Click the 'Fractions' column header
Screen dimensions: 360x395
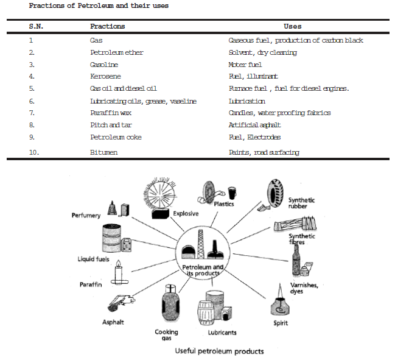pyautogui.click(x=107, y=27)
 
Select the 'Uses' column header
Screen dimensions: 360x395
pyautogui.click(x=292, y=27)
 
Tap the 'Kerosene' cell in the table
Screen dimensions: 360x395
pyautogui.click(x=105, y=76)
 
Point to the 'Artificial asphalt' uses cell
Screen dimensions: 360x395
pyautogui.click(x=255, y=125)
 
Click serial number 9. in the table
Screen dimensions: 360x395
pyautogui.click(x=32, y=137)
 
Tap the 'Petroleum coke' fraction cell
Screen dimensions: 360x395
pyautogui.click(x=115, y=137)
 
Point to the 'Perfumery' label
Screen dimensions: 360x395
pyautogui.click(x=86, y=216)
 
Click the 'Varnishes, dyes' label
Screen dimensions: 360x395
pyautogui.click(x=303, y=288)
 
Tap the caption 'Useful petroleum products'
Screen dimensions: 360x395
pyautogui.click(x=219, y=351)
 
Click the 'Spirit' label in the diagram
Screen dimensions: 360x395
pyautogui.click(x=281, y=323)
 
